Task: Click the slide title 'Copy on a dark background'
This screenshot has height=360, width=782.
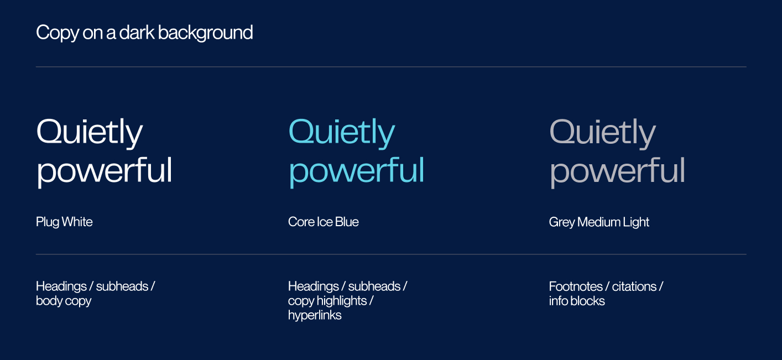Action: point(144,33)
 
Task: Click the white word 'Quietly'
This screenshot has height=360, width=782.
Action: point(90,133)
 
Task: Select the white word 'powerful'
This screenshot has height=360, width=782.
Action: point(105,170)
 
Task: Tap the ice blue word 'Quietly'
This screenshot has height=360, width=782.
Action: point(342,133)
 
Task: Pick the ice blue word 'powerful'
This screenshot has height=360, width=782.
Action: point(357,170)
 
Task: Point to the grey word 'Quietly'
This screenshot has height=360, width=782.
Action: point(602,133)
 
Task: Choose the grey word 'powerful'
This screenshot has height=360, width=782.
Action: point(617,170)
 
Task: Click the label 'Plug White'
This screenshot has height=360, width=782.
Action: point(64,222)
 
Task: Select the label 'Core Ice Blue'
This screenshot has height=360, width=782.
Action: point(324,222)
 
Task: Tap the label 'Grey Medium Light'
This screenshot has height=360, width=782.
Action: point(599,222)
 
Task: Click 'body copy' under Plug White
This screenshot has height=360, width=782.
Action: point(64,301)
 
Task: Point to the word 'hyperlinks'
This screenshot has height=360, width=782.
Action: point(315,315)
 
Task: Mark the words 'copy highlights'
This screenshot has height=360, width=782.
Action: point(327,301)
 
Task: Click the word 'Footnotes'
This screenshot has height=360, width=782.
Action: point(576,286)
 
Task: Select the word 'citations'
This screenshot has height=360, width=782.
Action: point(634,286)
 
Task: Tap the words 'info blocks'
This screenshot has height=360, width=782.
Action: point(577,301)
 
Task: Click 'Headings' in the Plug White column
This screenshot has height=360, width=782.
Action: point(61,286)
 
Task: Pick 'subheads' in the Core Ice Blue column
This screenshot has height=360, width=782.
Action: point(374,286)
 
